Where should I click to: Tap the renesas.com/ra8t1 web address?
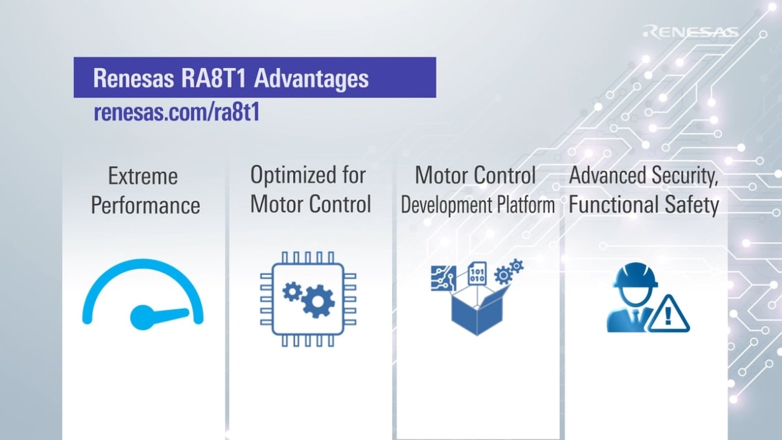[176, 113]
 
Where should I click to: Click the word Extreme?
[143, 177]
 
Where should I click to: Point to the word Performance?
[146, 205]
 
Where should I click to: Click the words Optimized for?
[308, 176]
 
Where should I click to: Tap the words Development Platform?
[478, 206]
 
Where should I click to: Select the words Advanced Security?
[644, 176]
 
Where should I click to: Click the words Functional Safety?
[644, 205]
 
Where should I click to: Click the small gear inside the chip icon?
[291, 291]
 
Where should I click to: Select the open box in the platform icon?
[477, 311]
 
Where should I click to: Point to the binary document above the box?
[477, 273]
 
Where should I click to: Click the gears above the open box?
[508, 271]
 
